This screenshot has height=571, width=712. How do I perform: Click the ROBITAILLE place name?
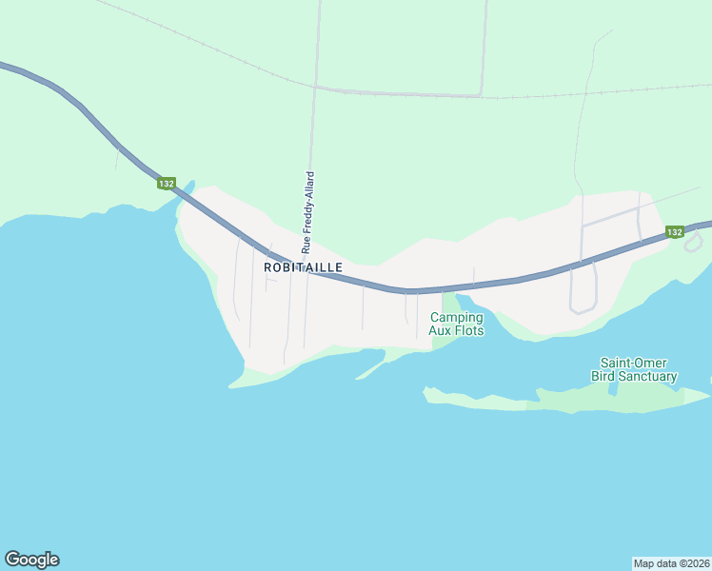tap(303, 268)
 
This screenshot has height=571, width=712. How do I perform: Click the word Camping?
tap(456, 318)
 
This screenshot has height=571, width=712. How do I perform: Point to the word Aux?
tap(441, 331)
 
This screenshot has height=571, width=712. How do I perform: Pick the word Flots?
tap(469, 331)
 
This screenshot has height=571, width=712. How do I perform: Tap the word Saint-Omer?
tap(633, 363)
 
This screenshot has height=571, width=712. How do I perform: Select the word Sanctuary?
tap(652, 376)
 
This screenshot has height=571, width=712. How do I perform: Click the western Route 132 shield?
tap(167, 183)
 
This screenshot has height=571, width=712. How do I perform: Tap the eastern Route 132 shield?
tap(674, 232)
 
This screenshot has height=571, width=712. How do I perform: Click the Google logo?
tap(31, 560)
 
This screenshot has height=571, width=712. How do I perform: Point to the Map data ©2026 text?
tap(671, 562)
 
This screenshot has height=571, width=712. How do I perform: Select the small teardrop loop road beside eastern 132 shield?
tap(693, 242)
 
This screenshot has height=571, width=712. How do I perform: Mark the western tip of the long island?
tap(426, 389)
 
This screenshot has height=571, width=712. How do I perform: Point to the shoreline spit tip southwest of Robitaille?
tap(231, 386)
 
